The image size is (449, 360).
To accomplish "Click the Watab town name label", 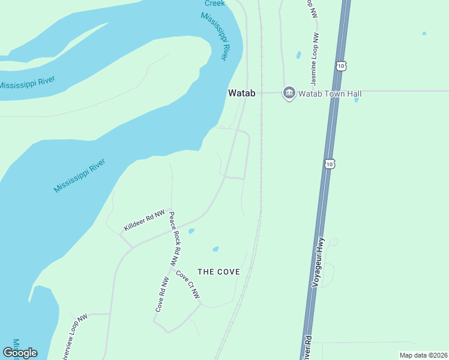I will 243,93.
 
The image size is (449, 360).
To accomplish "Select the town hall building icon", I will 289,93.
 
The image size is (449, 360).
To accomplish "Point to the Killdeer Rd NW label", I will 144,221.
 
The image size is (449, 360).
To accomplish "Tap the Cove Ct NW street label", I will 188,285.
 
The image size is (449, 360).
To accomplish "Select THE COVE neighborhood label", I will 219,272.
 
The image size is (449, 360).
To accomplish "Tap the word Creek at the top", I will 214,3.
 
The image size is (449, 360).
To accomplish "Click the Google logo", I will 20,353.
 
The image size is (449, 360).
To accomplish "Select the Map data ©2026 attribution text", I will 423,355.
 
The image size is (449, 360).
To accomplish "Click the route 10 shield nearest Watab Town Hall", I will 341,65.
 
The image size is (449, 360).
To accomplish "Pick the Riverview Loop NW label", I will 74,336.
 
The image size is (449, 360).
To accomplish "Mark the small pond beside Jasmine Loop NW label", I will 298,55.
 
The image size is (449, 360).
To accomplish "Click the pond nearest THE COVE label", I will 215,249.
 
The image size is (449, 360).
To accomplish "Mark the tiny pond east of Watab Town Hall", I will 357,100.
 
